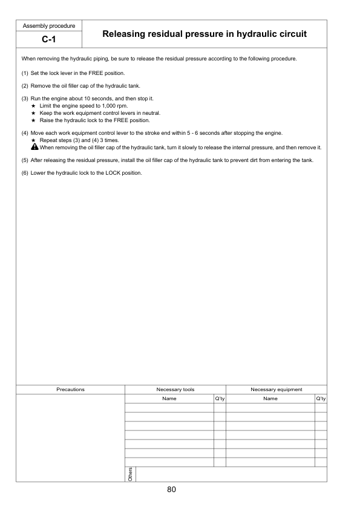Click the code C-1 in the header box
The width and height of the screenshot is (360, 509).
pyautogui.click(x=48, y=41)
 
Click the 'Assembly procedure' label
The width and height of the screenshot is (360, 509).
pyautogui.click(x=48, y=26)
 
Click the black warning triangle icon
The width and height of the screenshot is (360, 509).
pyautogui.click(x=34, y=148)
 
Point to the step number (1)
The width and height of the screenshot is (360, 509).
pyautogui.click(x=25, y=73)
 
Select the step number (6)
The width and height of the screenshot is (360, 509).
pyautogui.click(x=25, y=173)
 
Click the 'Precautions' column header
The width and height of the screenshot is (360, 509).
pyautogui.click(x=70, y=389)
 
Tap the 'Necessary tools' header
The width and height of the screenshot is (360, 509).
pyautogui.click(x=175, y=389)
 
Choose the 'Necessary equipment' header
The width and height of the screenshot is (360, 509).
pyautogui.click(x=276, y=389)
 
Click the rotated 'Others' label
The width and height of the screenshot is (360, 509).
pyautogui.click(x=130, y=474)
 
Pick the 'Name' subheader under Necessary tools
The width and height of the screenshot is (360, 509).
pyautogui.click(x=169, y=398)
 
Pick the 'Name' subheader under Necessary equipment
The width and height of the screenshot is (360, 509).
pyautogui.click(x=270, y=398)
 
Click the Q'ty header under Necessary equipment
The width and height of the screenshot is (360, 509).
pyautogui.click(x=321, y=398)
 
